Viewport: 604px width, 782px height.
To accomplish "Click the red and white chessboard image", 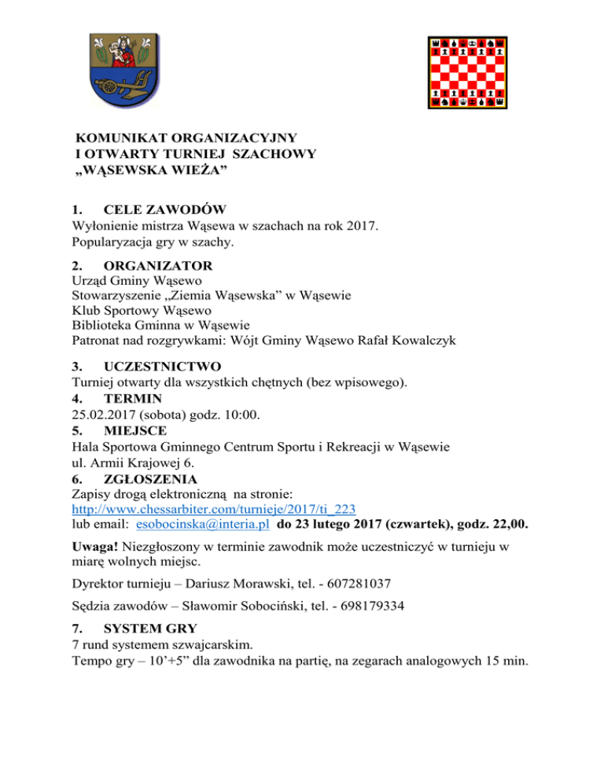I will pos(468,72).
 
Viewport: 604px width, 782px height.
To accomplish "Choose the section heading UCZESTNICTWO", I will pos(162,366).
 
